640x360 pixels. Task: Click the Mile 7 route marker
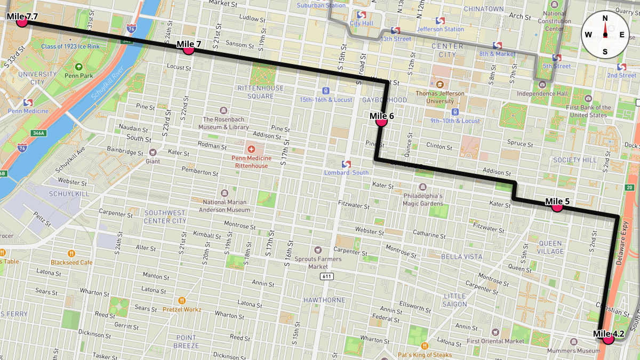pyautogui.click(x=188, y=50)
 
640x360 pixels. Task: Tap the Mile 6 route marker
pyautogui.click(x=381, y=122)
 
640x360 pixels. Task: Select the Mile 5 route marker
pyautogui.click(x=557, y=207)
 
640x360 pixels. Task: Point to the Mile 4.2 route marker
pyautogui.click(x=608, y=338)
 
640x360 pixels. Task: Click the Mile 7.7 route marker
pyautogui.click(x=22, y=22)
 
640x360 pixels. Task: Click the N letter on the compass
pyautogui.click(x=605, y=18)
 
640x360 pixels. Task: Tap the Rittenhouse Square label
pyautogui.click(x=261, y=92)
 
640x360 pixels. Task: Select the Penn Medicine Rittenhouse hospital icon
pyautogui.click(x=251, y=147)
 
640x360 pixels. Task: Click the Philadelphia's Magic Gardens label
pyautogui.click(x=423, y=199)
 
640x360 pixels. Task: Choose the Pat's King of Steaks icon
pyautogui.click(x=425, y=346)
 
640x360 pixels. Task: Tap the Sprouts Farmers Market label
pyautogui.click(x=318, y=263)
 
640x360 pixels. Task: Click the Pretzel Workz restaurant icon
pyautogui.click(x=182, y=300)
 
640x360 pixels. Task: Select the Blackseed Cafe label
pyautogui.click(x=71, y=262)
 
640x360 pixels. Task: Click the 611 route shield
pyautogui.click(x=327, y=276)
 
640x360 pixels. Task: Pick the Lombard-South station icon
pyautogui.click(x=346, y=164)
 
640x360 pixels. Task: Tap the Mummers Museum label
pyautogui.click(x=577, y=351)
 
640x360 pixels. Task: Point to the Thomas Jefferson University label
pyautogui.click(x=439, y=97)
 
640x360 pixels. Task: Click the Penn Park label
pyautogui.click(x=79, y=76)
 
